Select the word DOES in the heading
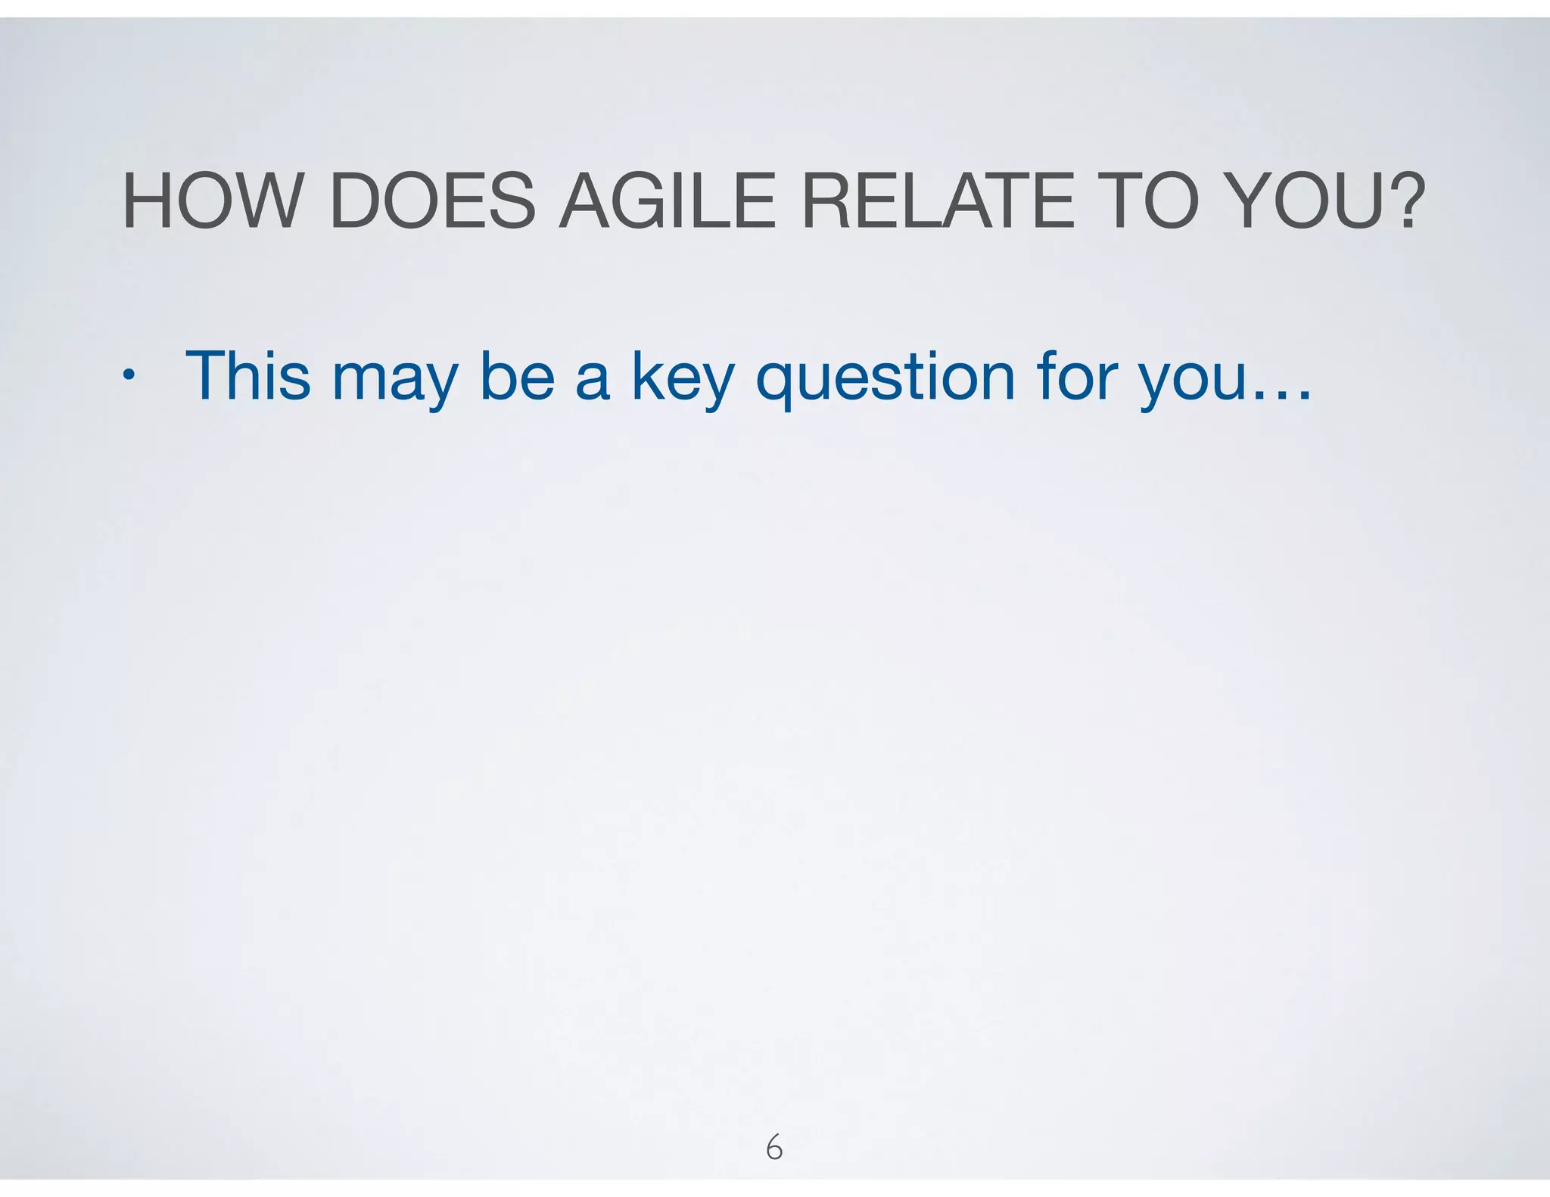tap(432, 202)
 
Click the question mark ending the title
tap(1407, 202)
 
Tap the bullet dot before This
tap(130, 375)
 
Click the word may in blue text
tap(394, 382)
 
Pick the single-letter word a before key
tap(592, 382)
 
